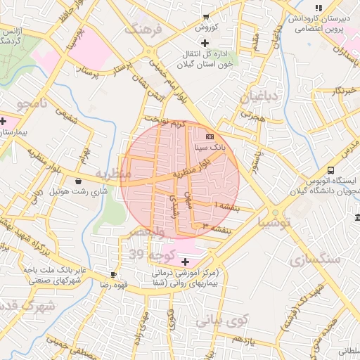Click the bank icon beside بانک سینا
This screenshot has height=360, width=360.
point(210,136)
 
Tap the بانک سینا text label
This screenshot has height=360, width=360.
point(210,148)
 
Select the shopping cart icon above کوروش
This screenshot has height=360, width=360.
point(205,16)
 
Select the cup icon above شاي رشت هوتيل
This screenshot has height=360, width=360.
point(87,181)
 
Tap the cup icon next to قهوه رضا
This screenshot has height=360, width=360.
point(113,274)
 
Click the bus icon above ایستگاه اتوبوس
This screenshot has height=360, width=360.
point(330,170)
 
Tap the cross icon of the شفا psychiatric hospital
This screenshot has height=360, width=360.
point(184,261)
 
